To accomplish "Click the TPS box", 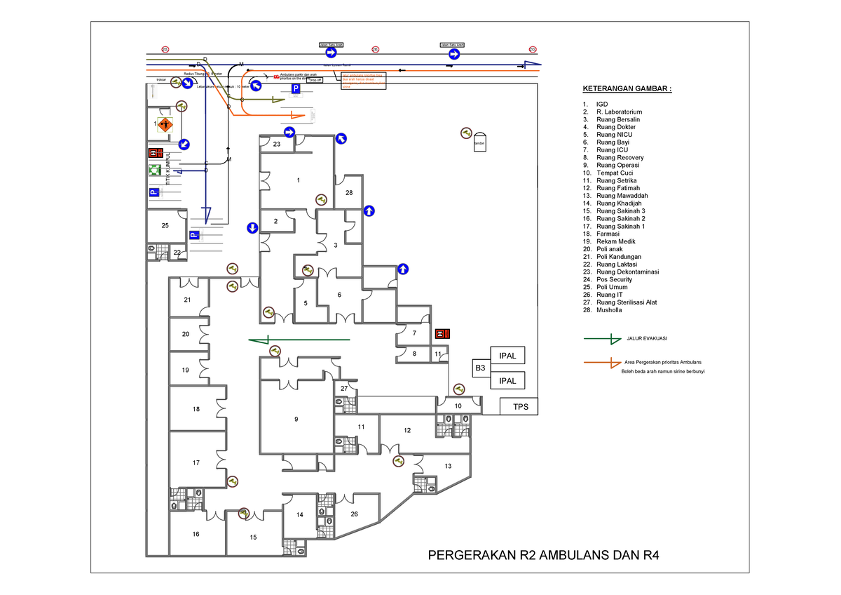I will pyautogui.click(x=519, y=406).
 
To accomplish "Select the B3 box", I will pyautogui.click(x=480, y=368).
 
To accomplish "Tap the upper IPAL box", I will pyautogui.click(x=507, y=356).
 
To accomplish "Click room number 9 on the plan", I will pyautogui.click(x=296, y=419).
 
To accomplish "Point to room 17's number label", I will pyautogui.click(x=196, y=462).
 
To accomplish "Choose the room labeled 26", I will pyautogui.click(x=355, y=514).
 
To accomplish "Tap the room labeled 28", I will pyautogui.click(x=349, y=192).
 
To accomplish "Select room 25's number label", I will pyautogui.click(x=165, y=225).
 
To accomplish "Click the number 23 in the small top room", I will pyautogui.click(x=276, y=144).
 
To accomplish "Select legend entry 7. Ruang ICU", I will pyautogui.click(x=612, y=149).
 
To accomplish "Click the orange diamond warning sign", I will pyautogui.click(x=165, y=125).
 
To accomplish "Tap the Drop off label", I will pyautogui.click(x=315, y=81).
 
